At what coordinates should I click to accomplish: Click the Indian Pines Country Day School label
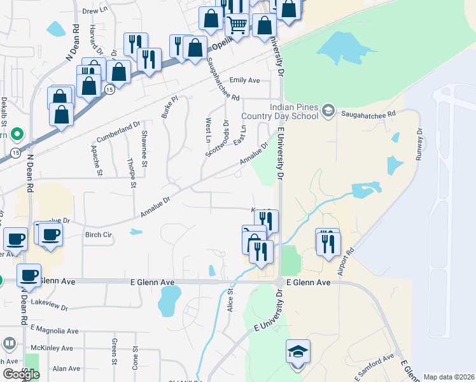click(293, 111)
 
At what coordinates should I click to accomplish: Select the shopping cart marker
click(237, 25)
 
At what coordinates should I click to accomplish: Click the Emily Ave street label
click(245, 80)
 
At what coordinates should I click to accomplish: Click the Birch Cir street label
click(99, 234)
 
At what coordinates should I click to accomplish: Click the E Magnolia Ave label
click(54, 331)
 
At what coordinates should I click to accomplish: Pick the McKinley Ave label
click(54, 348)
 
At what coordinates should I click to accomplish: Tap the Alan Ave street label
click(66, 369)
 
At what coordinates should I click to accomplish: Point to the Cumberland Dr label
click(118, 133)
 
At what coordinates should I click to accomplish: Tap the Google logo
click(21, 374)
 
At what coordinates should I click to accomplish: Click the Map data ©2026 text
click(449, 377)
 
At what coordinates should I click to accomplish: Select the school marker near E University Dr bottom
click(297, 352)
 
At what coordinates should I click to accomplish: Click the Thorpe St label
click(132, 173)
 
